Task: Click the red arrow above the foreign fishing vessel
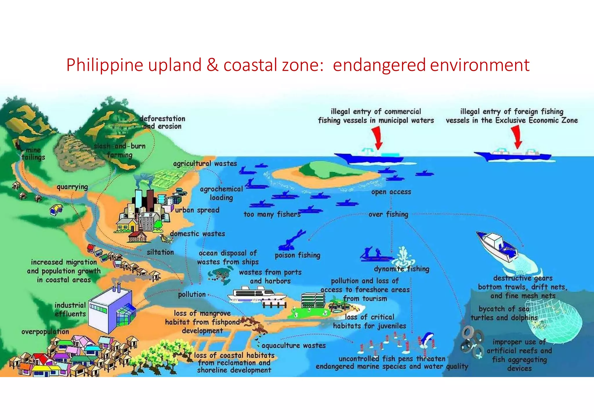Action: [x=517, y=137]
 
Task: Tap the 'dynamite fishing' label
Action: [x=401, y=269]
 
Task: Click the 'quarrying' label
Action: [x=72, y=187]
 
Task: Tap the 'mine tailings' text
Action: [x=34, y=154]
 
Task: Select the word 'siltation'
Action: [x=160, y=252]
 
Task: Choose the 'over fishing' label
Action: [x=388, y=214]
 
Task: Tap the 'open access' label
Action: [x=391, y=192]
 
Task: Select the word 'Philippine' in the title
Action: [x=105, y=65]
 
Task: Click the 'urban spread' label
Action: [x=197, y=210]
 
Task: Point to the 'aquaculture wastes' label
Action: [x=294, y=345]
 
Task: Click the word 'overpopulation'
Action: [x=45, y=332]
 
